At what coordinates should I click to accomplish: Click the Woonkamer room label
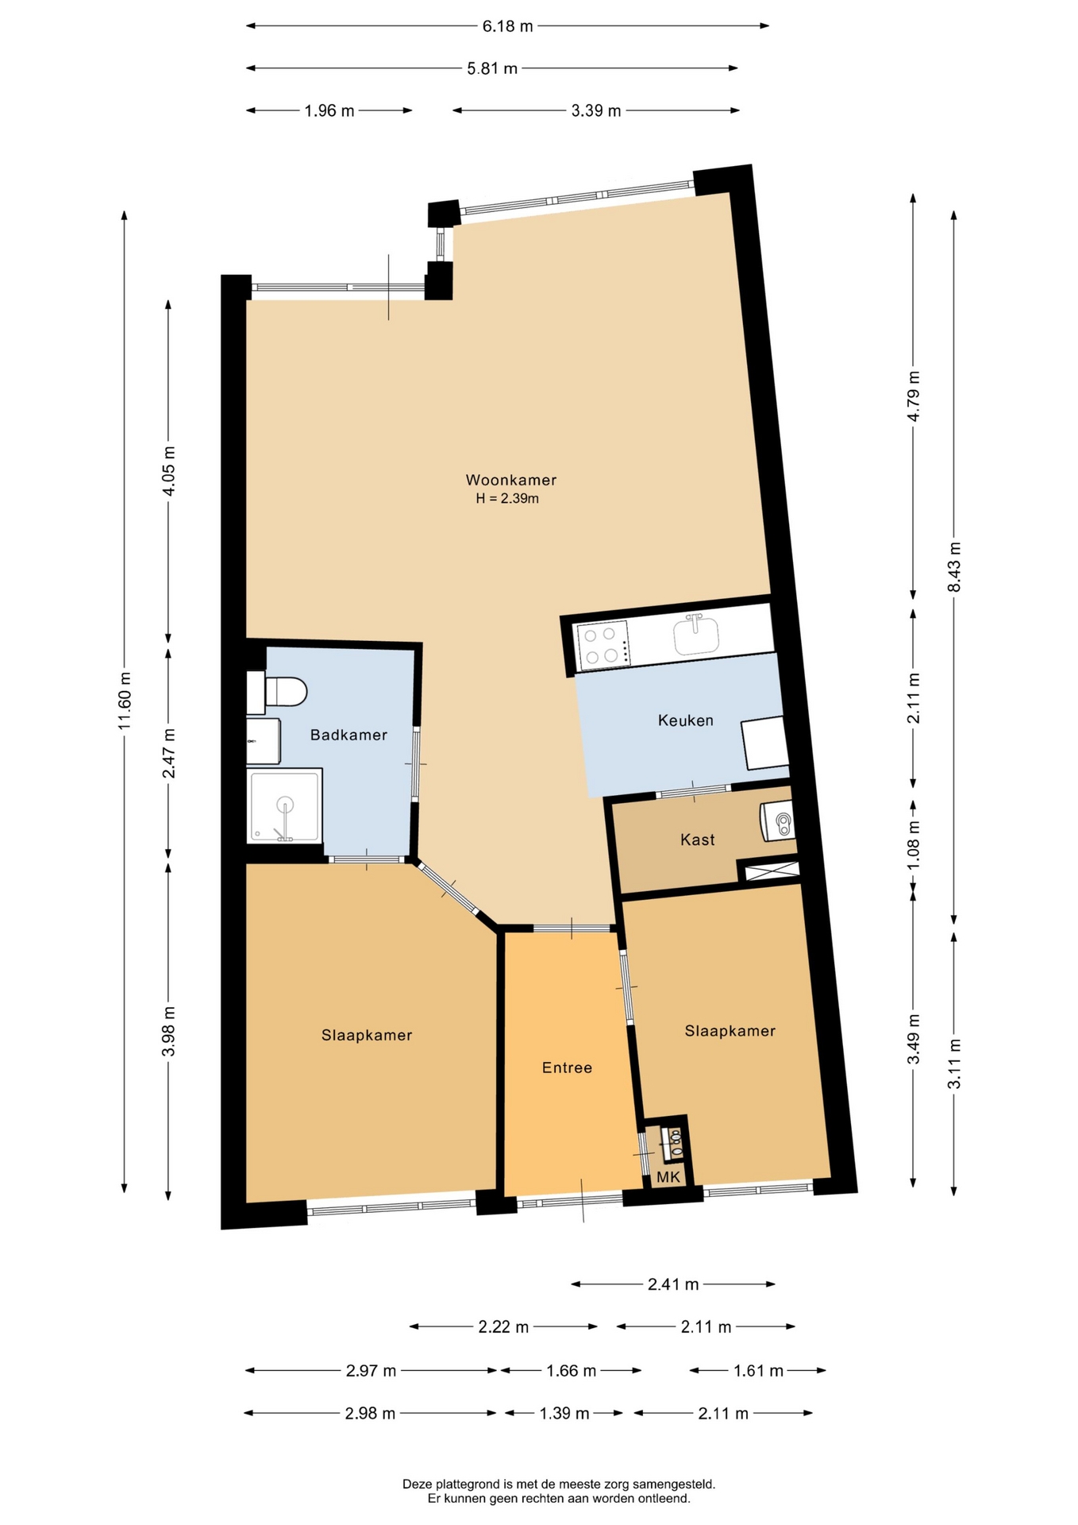coord(510,480)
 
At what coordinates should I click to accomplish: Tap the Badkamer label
coord(348,735)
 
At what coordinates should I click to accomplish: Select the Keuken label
coord(686,720)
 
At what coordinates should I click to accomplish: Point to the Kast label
coord(698,840)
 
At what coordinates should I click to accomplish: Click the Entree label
coord(567,1067)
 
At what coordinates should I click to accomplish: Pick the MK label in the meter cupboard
coord(668,1176)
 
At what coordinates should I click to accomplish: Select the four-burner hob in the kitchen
coord(603,644)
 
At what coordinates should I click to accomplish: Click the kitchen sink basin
coord(696,635)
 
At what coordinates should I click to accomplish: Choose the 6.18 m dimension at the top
coord(508,25)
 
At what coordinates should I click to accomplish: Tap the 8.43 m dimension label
coord(954,567)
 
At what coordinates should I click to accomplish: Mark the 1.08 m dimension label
coord(913,844)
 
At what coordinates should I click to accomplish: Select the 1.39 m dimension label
coord(564,1413)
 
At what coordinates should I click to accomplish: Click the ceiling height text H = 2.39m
coord(507,499)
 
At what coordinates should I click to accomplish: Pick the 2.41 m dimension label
coord(673,1284)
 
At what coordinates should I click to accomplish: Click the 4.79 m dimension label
coord(913,396)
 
